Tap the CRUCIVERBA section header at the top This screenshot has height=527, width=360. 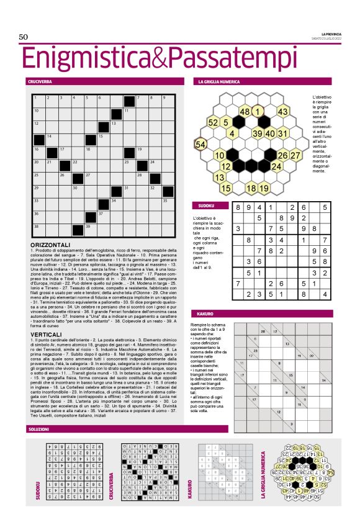click(x=40, y=81)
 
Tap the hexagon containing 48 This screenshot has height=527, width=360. click(x=245, y=111)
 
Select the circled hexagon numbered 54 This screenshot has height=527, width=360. click(x=200, y=144)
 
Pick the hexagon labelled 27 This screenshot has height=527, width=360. click(x=295, y=155)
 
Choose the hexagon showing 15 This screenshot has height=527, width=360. click(x=226, y=188)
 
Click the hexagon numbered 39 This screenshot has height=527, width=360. click(x=257, y=133)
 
